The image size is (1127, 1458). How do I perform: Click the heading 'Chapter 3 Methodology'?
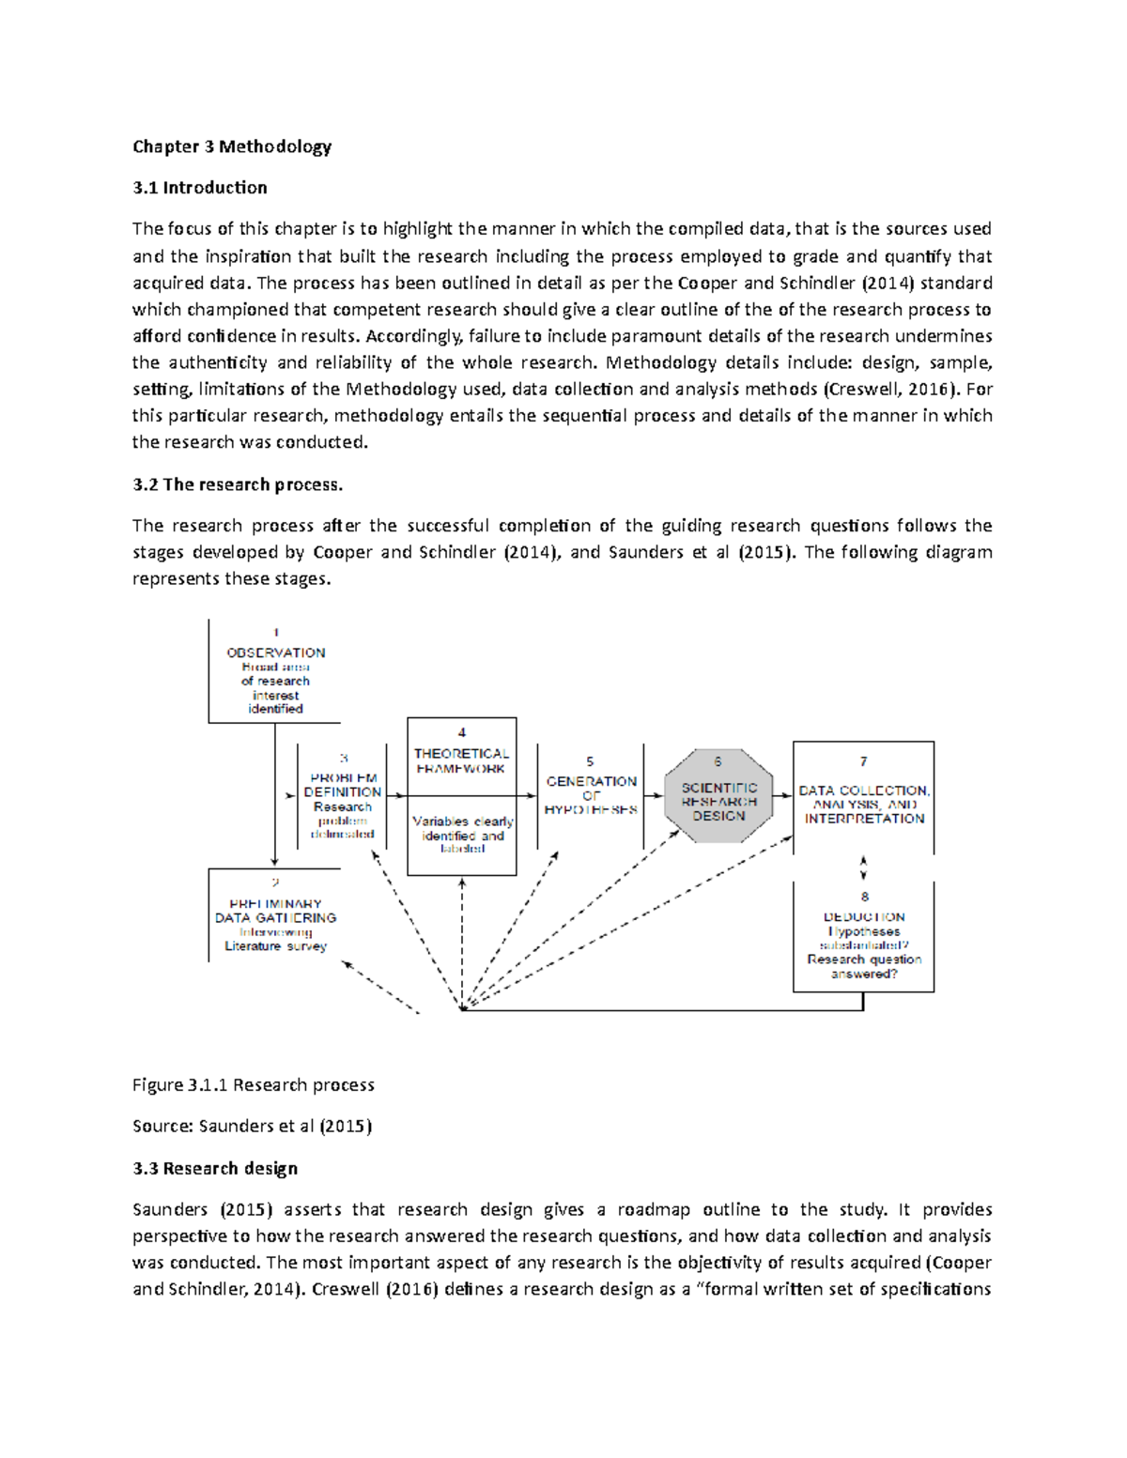(232, 146)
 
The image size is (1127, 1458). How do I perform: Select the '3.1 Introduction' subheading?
(199, 188)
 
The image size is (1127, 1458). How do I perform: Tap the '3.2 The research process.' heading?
(238, 484)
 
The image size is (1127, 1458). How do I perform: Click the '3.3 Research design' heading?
(215, 1168)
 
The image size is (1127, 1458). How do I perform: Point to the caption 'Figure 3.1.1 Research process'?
(253, 1085)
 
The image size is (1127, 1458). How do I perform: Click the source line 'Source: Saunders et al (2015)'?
(252, 1126)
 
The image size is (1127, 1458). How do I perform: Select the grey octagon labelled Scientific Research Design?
(718, 796)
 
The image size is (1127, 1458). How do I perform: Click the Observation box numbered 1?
(274, 671)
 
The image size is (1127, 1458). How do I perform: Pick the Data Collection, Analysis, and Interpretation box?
(863, 798)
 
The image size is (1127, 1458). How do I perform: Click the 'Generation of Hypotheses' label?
(591, 795)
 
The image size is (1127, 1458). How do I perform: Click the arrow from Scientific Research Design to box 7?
(782, 796)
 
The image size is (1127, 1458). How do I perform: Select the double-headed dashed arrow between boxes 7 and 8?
(863, 867)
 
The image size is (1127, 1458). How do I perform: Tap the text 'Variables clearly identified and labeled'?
(462, 835)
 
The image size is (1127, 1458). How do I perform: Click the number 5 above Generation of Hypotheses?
(590, 761)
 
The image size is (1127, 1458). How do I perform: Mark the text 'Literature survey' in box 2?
(275, 946)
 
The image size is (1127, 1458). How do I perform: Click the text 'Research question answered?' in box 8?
(864, 967)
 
